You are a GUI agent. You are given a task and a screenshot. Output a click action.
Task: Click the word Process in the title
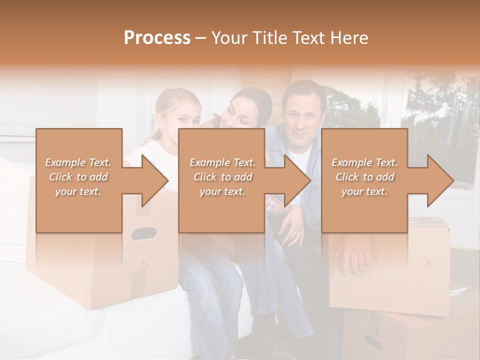click(x=157, y=38)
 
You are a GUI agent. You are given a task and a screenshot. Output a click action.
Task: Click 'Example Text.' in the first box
click(x=78, y=162)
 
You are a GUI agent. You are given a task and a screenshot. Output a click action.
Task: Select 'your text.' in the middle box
click(x=222, y=191)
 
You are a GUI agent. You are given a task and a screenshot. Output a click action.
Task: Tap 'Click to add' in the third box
click(x=364, y=177)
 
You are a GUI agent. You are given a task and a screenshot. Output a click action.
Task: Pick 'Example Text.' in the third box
click(x=364, y=162)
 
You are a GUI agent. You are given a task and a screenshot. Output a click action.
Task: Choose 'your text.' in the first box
click(x=78, y=191)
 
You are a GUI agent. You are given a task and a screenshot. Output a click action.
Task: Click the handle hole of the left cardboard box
click(x=143, y=233)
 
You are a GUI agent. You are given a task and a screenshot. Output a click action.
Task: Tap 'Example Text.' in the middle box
click(x=222, y=162)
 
